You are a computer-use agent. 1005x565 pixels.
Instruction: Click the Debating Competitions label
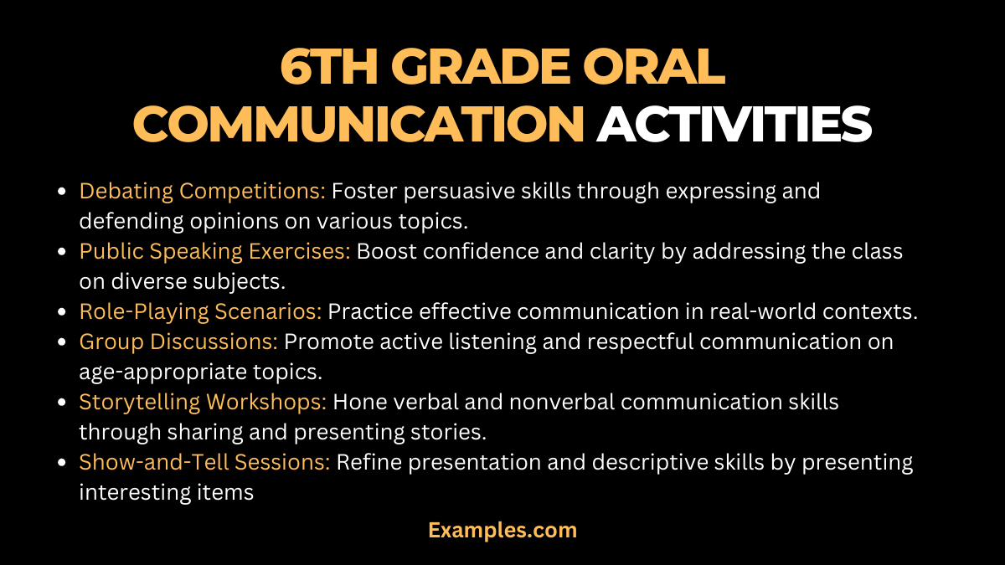202,191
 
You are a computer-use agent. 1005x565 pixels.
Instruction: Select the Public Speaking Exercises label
214,251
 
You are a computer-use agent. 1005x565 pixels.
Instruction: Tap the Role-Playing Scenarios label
200,311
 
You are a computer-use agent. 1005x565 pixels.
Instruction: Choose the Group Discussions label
178,342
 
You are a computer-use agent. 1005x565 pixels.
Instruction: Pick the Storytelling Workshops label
203,402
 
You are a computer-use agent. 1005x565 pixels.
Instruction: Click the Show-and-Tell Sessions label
204,462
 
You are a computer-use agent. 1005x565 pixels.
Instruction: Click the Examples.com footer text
502,530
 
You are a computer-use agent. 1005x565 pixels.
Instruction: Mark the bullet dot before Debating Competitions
63,192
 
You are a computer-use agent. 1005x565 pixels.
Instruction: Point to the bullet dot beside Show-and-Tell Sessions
63,463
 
